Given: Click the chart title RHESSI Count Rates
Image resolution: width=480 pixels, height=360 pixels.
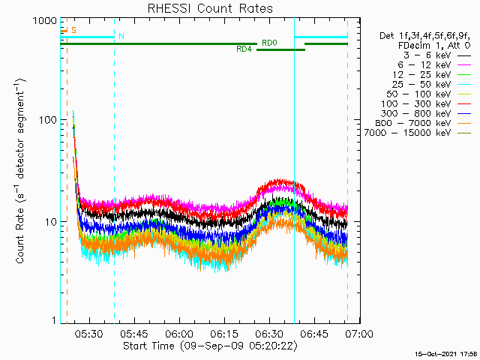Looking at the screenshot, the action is [210, 8].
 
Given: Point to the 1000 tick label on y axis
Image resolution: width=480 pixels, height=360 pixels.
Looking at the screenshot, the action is [45, 21].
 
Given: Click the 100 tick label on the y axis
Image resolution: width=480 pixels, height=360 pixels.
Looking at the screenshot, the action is [49, 120].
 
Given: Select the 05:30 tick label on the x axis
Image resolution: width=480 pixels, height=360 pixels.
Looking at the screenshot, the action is [89, 333].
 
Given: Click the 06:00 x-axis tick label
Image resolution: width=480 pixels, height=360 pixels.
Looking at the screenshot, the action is [179, 333].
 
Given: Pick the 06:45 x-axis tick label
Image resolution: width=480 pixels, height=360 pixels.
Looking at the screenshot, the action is [314, 333].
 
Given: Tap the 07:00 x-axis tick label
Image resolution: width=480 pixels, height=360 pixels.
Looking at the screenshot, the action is [359, 333].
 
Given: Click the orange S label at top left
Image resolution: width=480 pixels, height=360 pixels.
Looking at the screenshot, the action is [73, 30].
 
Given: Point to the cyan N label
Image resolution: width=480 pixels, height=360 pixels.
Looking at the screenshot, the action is [121, 37].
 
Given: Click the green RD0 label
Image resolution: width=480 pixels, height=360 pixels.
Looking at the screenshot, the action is [269, 43].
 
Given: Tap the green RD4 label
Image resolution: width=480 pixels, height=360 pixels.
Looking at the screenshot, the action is [244, 49].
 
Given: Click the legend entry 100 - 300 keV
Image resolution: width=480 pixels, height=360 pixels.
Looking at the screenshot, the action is [416, 104].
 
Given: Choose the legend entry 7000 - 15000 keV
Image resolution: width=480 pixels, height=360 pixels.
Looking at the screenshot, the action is [407, 133].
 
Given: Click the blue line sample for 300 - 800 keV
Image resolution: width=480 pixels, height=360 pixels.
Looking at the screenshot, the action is [464, 114].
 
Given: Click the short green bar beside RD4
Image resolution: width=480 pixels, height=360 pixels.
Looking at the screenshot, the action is [280, 50].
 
